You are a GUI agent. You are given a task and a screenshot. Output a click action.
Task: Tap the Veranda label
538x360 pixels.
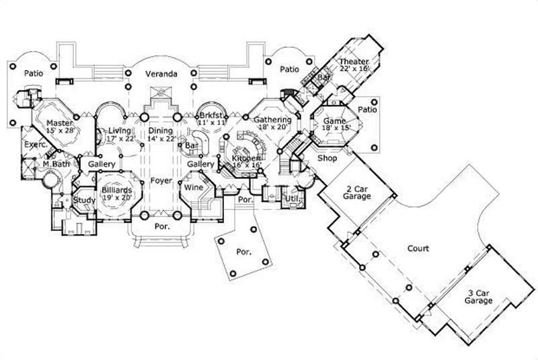(x=163, y=75)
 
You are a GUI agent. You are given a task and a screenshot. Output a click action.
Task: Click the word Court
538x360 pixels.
(x=418, y=249)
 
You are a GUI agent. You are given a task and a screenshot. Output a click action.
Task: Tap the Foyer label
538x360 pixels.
(x=160, y=180)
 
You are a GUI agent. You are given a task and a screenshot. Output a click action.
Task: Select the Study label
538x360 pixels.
(x=84, y=200)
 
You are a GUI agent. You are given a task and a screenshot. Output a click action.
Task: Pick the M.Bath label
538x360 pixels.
(x=57, y=164)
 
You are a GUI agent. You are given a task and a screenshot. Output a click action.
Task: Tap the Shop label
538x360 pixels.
(x=327, y=158)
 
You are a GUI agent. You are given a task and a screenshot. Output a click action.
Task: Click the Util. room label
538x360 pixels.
(x=292, y=199)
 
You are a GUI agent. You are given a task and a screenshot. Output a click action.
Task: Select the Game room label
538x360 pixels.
(x=335, y=122)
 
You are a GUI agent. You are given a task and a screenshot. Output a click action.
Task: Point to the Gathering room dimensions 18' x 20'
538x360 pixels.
(x=272, y=127)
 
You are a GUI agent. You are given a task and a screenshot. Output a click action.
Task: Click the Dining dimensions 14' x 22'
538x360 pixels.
(x=161, y=139)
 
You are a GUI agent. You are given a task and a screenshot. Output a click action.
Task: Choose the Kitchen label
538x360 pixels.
(x=245, y=157)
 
